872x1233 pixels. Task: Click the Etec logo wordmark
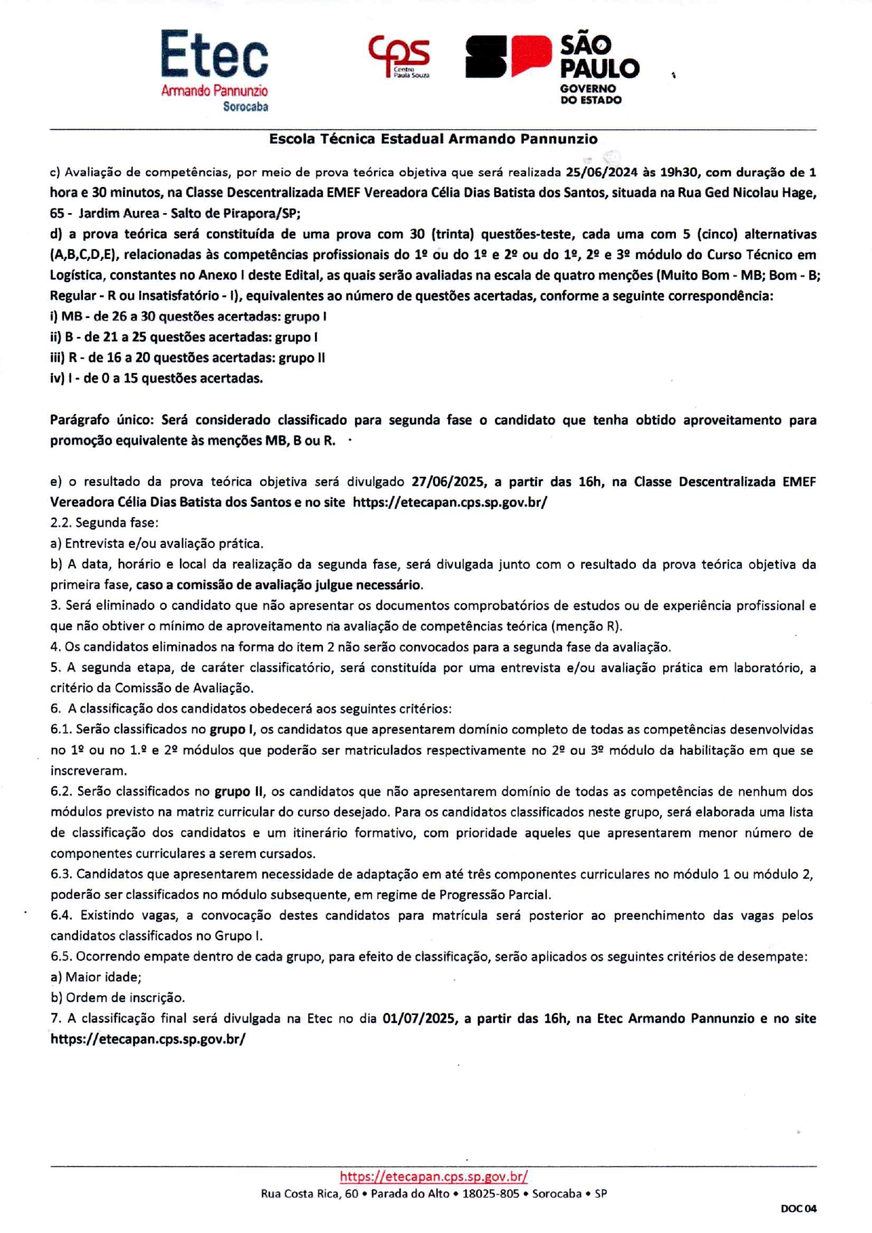tap(214, 55)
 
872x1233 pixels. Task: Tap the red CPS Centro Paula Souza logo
tap(399, 56)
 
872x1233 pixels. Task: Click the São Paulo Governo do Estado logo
tap(552, 69)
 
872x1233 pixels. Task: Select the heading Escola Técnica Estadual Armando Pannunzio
tap(433, 139)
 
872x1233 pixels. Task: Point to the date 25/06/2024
tap(597, 172)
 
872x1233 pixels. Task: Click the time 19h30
tap(679, 172)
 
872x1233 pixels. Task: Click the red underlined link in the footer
tap(433, 1176)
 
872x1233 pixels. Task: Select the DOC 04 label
tap(798, 1208)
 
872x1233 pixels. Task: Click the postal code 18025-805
tap(490, 1194)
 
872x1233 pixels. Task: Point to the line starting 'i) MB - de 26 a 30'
tap(188, 317)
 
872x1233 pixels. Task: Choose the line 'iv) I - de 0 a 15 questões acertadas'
tap(156, 378)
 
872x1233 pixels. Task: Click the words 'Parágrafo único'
tap(101, 420)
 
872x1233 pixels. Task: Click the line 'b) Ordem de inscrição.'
tap(117, 997)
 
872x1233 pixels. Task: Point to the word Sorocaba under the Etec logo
tap(245, 107)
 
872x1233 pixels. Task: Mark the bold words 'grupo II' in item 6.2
tap(239, 791)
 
